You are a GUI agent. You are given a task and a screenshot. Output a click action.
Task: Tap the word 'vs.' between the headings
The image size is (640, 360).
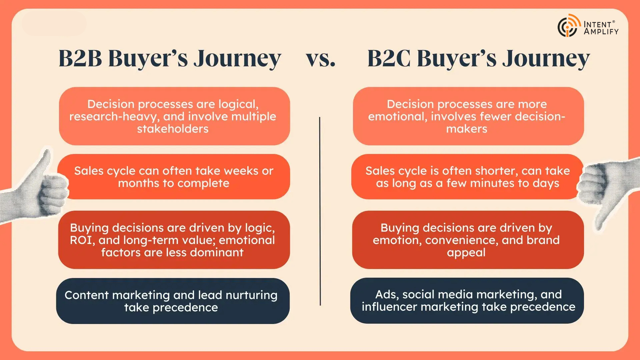pos(321,59)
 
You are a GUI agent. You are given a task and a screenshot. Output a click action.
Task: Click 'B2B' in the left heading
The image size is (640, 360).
pos(80,58)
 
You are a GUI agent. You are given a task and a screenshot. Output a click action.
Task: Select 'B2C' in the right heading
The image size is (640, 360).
pos(389,58)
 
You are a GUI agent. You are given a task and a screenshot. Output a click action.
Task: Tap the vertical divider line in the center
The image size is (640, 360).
pos(320,211)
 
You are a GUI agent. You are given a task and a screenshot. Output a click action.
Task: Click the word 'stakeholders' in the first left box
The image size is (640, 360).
pos(173,129)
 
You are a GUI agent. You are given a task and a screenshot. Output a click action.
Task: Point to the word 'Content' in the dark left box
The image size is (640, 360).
pos(86,295)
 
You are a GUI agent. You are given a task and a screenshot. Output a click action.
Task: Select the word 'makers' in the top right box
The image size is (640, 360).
pos(467,129)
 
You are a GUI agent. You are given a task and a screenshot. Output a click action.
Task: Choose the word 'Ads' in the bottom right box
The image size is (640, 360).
pos(387,294)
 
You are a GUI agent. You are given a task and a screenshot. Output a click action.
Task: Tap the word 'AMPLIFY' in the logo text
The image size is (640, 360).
pos(601,32)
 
